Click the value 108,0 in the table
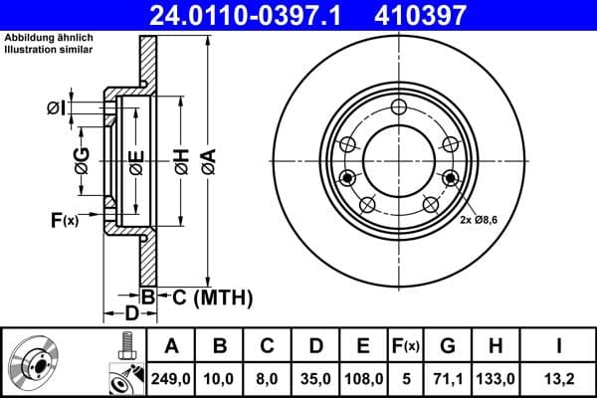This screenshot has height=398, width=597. [x=363, y=378]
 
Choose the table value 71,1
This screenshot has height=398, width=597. [x=448, y=378]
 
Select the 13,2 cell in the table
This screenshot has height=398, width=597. [x=559, y=378]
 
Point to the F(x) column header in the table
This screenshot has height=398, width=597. [x=405, y=346]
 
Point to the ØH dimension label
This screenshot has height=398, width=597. [x=181, y=159]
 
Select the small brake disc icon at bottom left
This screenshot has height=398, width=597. [x=38, y=363]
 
